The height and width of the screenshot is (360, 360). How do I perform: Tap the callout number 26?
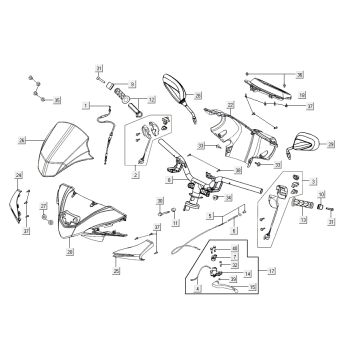tap(21, 143)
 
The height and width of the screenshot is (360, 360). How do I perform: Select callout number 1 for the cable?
tap(87, 104)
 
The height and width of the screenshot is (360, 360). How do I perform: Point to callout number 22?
tap(229, 103)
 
